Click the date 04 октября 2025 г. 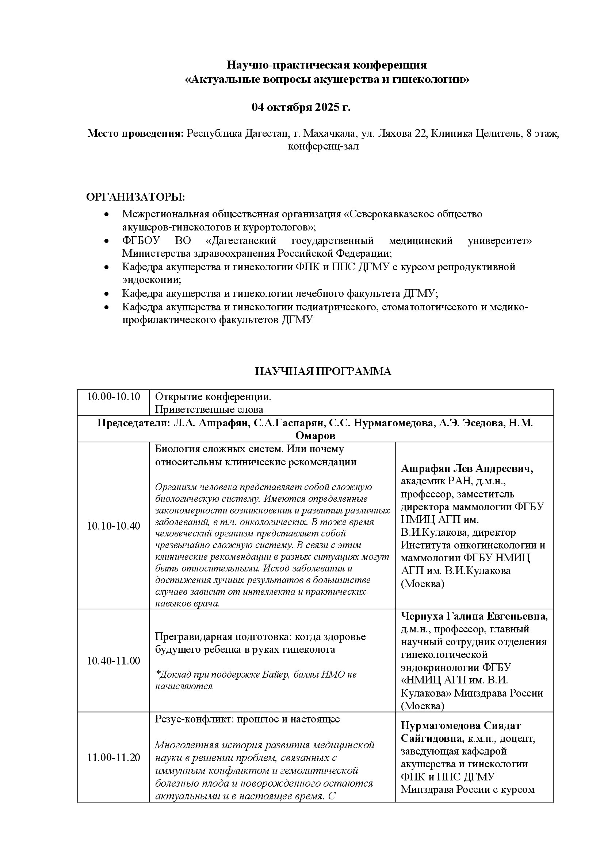click(x=301, y=107)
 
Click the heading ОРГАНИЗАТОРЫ click(x=135, y=197)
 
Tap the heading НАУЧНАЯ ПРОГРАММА click(x=323, y=371)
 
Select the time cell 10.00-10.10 click(x=114, y=397)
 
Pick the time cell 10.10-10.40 click(x=114, y=526)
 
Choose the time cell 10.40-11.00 click(x=114, y=661)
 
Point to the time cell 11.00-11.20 click(x=114, y=757)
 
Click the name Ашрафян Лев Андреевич click(x=467, y=469)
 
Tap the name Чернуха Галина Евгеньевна click(x=474, y=616)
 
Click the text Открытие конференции click(x=213, y=397)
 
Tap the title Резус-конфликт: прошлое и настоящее click(x=247, y=719)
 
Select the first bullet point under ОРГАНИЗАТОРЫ click(x=107, y=215)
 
